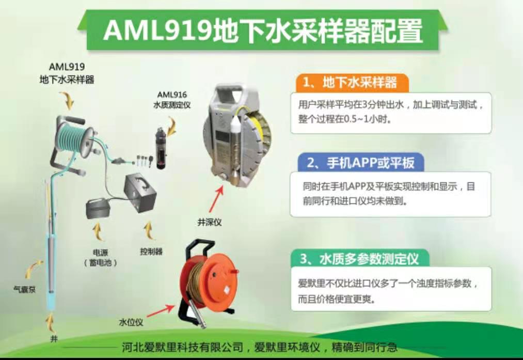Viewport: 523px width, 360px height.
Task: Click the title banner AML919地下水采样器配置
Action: pyautogui.click(x=263, y=30)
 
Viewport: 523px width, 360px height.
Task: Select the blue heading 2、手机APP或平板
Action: pyautogui.click(x=360, y=163)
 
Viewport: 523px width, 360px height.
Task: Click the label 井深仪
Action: pyautogui.click(x=210, y=222)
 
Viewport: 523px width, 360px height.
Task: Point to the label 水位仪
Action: pyautogui.click(x=131, y=322)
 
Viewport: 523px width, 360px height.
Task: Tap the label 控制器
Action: pyautogui.click(x=151, y=251)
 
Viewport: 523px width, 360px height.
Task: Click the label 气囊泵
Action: pyautogui.click(x=24, y=289)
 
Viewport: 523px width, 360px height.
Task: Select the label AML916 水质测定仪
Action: pyautogui.click(x=172, y=100)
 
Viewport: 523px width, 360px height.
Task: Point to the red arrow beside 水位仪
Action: pyautogui.click(x=161, y=311)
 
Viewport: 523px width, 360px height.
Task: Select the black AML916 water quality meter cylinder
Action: pyautogui.click(x=161, y=148)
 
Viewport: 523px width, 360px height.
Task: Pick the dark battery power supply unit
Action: pyautogui.click(x=98, y=208)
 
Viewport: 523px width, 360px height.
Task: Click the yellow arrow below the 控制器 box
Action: pyautogui.click(x=149, y=230)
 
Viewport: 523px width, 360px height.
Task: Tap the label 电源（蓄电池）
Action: pyautogui.click(x=100, y=258)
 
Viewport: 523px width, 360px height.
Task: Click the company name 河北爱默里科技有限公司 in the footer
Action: pyautogui.click(x=182, y=347)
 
